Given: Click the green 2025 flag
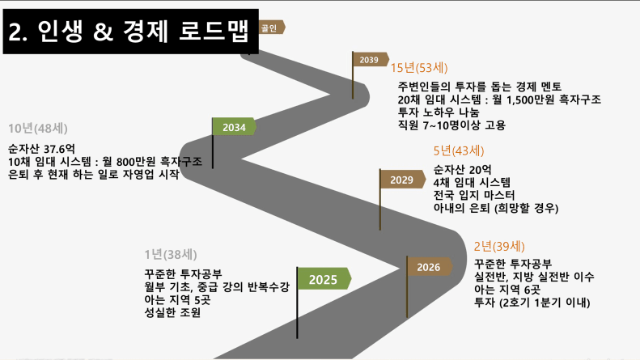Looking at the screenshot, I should click(324, 279).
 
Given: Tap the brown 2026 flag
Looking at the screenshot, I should click(429, 267).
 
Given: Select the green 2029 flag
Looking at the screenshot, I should click(402, 180).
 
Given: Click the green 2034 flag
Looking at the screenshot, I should click(234, 128).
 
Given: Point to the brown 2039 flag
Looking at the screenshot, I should click(369, 60).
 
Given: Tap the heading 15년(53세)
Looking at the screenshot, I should click(418, 68).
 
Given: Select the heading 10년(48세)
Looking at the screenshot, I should click(37, 129).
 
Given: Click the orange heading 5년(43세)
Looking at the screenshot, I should click(459, 150).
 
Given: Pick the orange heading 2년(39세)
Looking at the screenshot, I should click(499, 246).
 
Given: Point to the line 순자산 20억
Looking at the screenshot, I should click(462, 169).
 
